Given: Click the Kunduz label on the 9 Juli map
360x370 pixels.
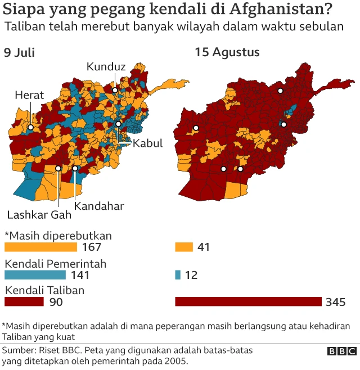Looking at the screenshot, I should click(106, 67).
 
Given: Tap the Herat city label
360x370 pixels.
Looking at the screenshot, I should click(29, 96).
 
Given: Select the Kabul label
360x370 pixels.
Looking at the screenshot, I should click(147, 143).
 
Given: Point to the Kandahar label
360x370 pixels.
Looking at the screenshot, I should click(99, 206).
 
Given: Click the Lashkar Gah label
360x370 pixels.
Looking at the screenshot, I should click(39, 214).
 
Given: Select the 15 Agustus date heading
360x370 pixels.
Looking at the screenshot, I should click(227, 52).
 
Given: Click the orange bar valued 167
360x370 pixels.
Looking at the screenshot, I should click(40, 247).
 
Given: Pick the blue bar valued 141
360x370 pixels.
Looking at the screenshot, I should click(35, 275).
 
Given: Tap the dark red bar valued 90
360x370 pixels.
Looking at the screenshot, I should click(24, 302).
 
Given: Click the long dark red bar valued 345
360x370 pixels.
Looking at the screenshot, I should click(248, 302).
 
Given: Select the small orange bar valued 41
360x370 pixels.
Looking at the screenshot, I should click(183, 247).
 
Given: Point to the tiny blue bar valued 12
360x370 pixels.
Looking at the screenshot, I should click(178, 275).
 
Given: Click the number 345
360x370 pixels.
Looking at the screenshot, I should click(335, 303).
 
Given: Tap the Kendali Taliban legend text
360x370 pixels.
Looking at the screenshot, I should click(44, 291).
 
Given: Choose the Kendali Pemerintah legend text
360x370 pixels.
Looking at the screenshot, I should click(56, 263).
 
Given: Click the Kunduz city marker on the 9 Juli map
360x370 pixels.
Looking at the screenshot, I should click(115, 89).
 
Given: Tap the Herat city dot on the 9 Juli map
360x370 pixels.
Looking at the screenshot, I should click(30, 128).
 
